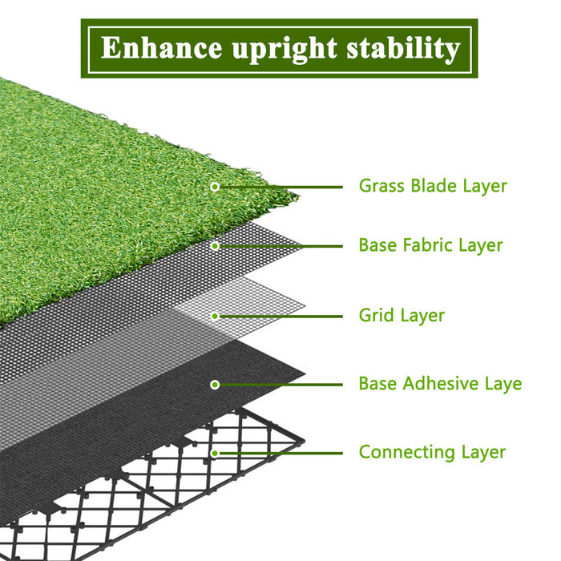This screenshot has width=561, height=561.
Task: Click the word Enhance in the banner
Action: [x=161, y=47]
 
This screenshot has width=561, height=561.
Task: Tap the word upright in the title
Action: [x=285, y=50]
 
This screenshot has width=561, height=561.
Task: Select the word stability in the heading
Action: [x=403, y=50]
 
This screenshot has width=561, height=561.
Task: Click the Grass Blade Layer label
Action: [x=433, y=186]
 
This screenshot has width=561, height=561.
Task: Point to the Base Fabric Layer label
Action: [x=431, y=245]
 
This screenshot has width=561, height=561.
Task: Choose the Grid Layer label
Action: [x=402, y=316]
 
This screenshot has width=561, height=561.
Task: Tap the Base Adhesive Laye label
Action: [x=440, y=384]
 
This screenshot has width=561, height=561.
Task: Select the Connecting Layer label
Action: [x=432, y=452]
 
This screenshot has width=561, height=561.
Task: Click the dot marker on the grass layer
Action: [x=215, y=187]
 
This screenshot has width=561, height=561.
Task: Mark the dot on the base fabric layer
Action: [x=215, y=246]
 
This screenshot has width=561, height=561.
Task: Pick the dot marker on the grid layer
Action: [x=215, y=317]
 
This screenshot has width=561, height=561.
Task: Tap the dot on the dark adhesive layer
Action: [x=215, y=385]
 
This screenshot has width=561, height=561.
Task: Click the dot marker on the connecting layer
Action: [x=215, y=454]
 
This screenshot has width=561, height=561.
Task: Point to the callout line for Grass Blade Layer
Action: [x=280, y=187]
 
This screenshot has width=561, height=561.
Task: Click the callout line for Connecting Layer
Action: [x=280, y=454]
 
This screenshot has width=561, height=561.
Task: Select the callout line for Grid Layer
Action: [x=280, y=317]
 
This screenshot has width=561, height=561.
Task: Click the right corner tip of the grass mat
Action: [x=298, y=196]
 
